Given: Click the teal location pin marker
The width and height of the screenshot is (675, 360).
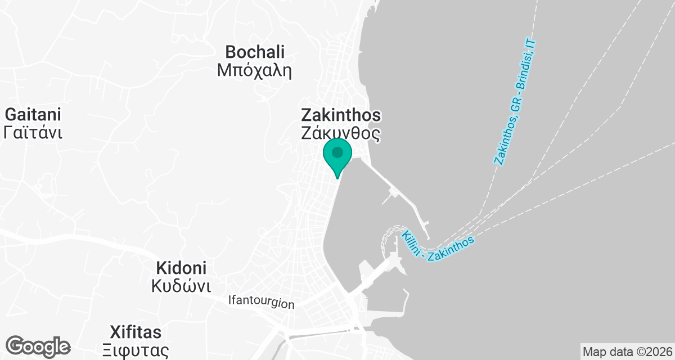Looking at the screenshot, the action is click(337, 158).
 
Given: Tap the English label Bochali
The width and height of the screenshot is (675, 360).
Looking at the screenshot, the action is click(255, 52).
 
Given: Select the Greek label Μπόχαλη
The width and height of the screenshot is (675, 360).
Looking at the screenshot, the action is click(255, 70).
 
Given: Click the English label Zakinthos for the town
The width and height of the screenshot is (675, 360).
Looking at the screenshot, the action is click(341, 115).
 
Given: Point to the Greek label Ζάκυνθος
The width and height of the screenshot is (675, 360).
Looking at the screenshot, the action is click(341, 134).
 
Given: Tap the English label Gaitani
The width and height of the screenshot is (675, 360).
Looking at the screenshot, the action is click(33, 115).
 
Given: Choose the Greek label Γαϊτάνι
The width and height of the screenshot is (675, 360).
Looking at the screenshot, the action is click(33, 133).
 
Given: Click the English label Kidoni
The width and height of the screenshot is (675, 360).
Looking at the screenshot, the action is click(181, 268).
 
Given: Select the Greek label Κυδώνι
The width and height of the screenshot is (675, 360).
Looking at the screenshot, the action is click(181, 286).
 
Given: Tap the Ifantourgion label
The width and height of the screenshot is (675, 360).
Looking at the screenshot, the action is click(262, 302).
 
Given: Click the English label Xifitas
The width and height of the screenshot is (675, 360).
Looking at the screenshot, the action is click(136, 331).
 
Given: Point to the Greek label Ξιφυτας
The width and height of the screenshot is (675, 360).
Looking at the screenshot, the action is click(136, 350).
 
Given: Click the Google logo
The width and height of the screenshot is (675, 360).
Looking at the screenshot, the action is click(38, 345).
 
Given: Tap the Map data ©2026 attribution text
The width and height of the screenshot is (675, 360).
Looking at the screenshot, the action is click(627, 352).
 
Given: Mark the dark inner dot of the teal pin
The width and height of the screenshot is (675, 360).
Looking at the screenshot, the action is click(337, 152).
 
